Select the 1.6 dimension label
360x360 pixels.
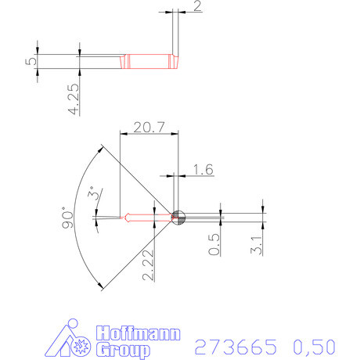coord(202,168)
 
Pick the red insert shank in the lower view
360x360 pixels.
coord(149,217)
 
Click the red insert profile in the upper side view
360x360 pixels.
coord(149,60)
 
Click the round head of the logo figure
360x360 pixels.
coord(73,325)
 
